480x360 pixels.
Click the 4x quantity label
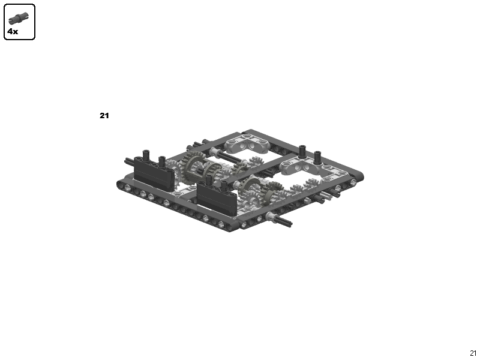tap(13, 31)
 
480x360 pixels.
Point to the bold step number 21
tap(104, 115)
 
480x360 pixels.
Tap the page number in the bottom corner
tap(473, 353)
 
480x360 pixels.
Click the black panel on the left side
tap(154, 174)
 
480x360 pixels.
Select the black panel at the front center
tap(217, 199)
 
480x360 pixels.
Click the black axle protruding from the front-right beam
tap(283, 221)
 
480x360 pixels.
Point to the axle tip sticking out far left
tap(128, 160)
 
